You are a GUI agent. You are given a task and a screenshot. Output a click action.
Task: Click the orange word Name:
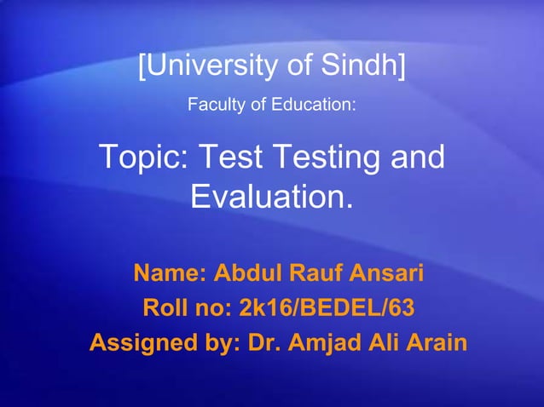click(x=170, y=275)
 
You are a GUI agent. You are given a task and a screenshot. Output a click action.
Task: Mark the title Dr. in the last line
click(x=263, y=343)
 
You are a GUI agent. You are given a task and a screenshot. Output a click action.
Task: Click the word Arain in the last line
click(x=436, y=343)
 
